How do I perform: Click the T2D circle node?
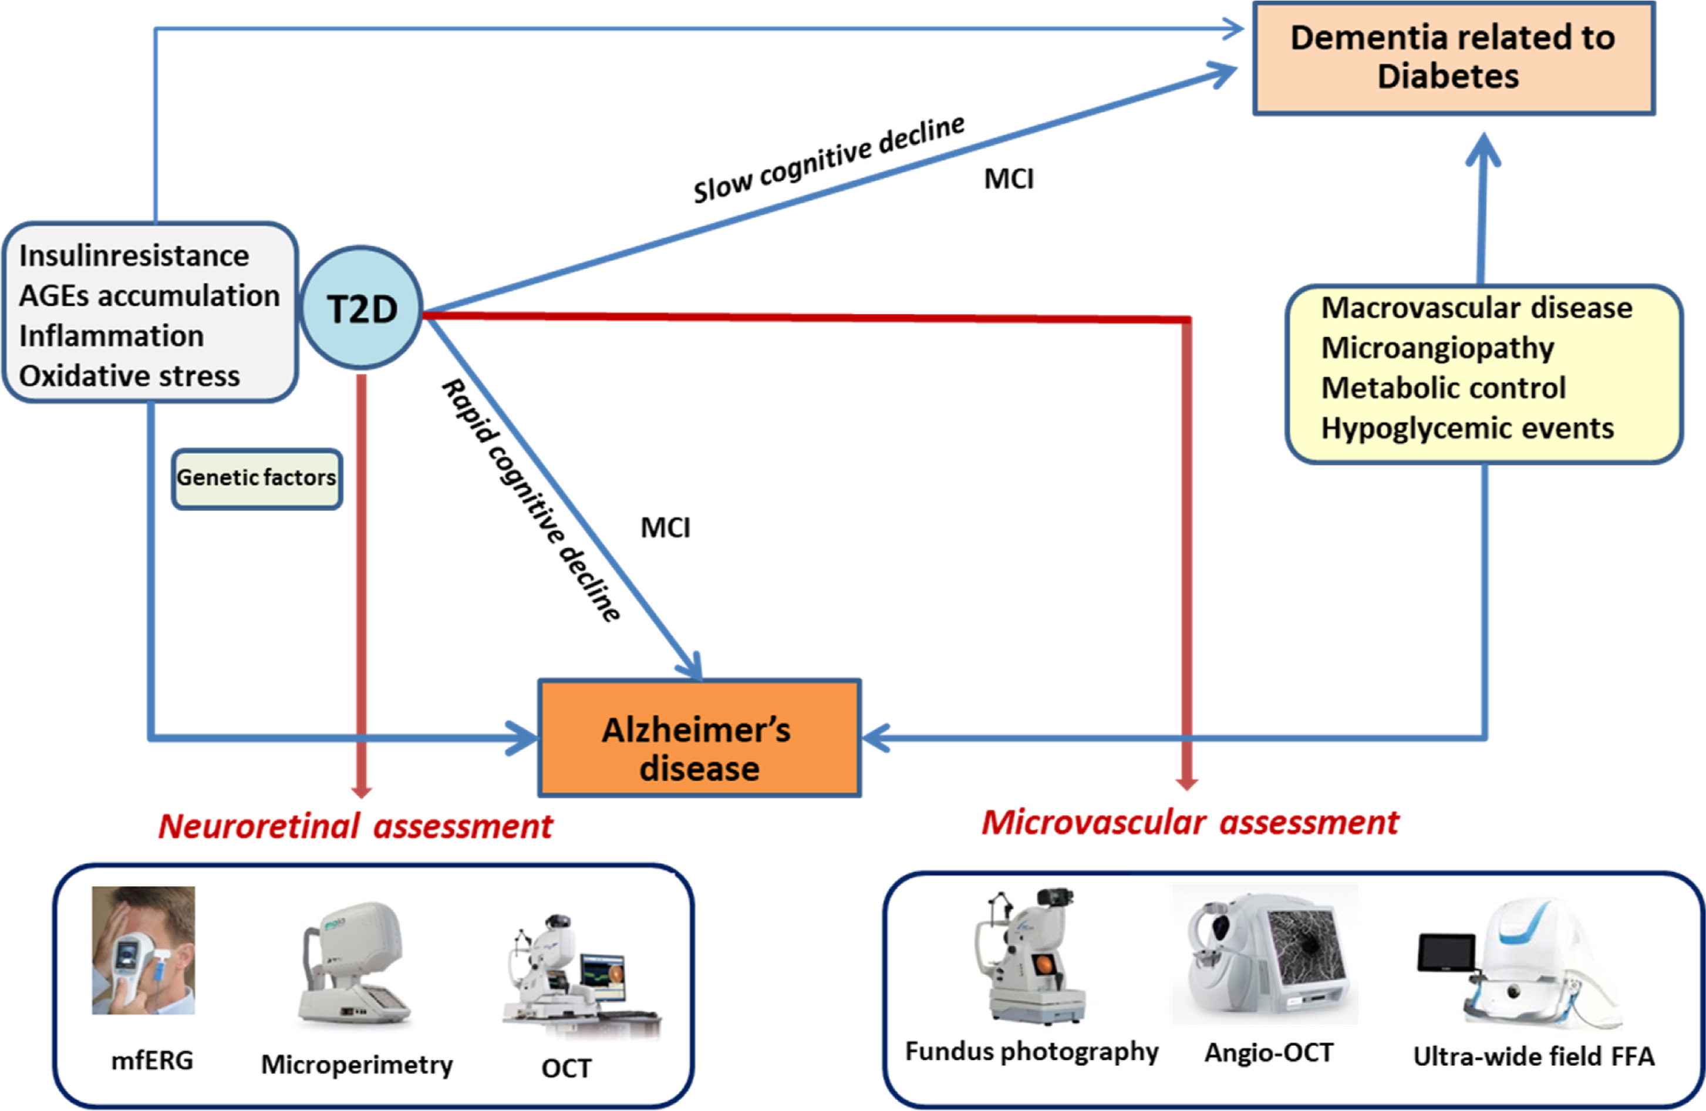coord(360,308)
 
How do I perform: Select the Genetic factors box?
coord(257,479)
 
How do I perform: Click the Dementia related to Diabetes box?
coord(1453,58)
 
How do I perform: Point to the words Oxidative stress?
coord(129,376)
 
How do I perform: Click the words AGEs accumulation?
coord(149,296)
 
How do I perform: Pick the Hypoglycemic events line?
coord(1467,429)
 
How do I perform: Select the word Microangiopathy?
coord(1437,348)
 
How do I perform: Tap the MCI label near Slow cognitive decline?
coord(1009,179)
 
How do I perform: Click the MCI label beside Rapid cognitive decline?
coord(665,528)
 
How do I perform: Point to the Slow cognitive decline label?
coord(828,159)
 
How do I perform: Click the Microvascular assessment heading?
coord(1190,823)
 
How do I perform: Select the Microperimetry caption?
coord(357,1065)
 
